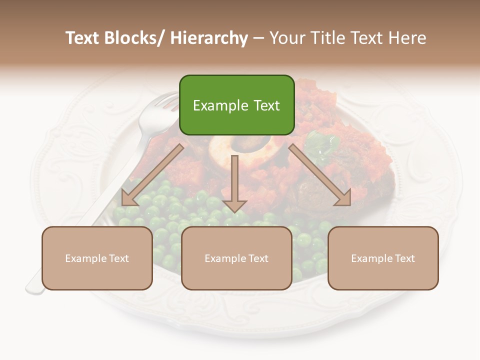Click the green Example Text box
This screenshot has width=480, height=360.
coord(236,105)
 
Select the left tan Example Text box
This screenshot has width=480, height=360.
coord(97,258)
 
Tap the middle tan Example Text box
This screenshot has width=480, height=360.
coord(236,258)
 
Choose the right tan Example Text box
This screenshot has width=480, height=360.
coord(383,258)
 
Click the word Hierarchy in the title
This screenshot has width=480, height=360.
coord(209,38)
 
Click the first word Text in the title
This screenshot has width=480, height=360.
coord(83,38)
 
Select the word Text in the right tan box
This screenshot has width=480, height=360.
coord(404,258)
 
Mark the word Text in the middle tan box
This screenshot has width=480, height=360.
coord(258,258)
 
